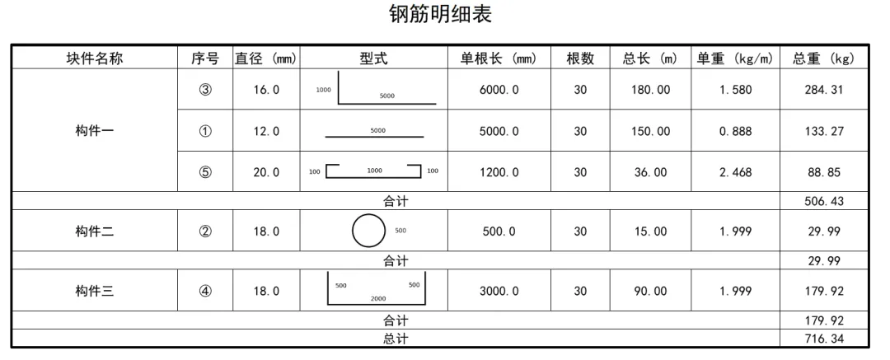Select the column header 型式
point(373,58)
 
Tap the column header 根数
point(580,58)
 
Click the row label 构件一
point(94,131)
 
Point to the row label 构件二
point(94,231)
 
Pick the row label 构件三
point(94,291)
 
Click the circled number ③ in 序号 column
point(205,90)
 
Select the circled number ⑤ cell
point(205,172)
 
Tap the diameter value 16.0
point(266,90)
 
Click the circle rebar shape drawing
point(368,231)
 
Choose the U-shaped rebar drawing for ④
point(377,289)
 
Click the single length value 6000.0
point(499,90)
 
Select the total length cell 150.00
point(650,131)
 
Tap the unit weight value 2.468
point(735,172)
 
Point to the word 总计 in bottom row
point(396,339)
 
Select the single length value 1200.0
point(499,172)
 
